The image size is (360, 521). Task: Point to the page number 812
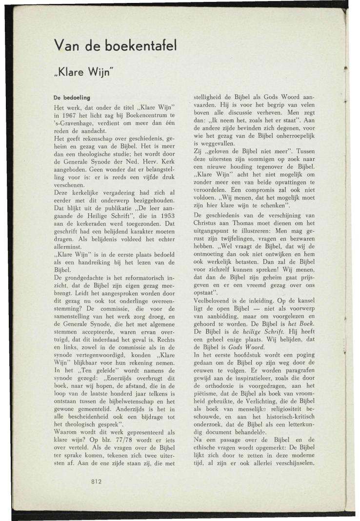tap(95, 481)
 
